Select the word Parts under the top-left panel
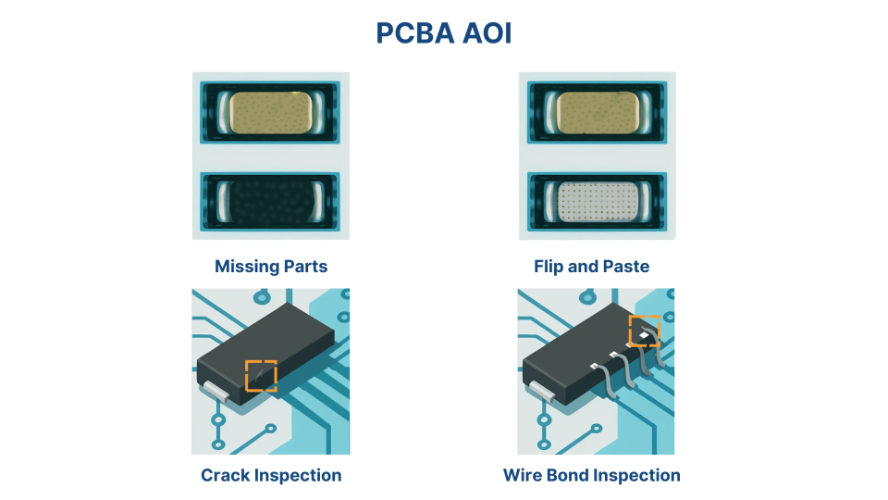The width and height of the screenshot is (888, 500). point(303,267)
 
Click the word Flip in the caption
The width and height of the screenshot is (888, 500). point(549,267)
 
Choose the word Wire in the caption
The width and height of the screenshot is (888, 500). point(523,476)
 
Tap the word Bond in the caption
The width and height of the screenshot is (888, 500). point(567,476)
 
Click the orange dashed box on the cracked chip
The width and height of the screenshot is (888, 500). point(261,376)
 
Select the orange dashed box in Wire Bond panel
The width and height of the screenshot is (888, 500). point(644,331)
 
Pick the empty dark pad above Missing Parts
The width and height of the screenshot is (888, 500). point(270,200)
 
